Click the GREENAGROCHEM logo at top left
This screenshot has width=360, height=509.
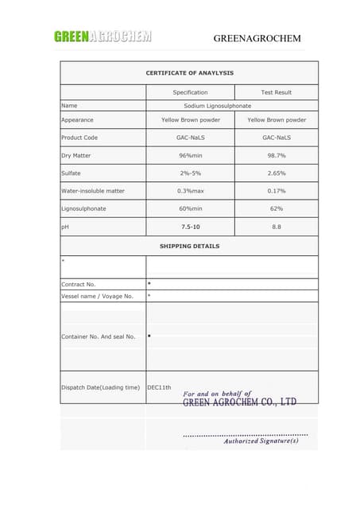103,36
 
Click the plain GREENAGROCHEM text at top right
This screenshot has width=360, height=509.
258,38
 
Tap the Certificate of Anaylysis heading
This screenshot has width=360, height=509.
189,73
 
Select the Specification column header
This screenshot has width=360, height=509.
190,92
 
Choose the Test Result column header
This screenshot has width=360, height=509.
276,92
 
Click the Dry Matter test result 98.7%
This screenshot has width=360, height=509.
276,155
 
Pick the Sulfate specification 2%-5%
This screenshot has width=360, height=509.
190,173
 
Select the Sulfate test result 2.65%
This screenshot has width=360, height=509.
276,173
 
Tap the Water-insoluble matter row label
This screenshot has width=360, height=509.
93,191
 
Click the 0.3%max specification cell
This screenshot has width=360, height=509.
190,191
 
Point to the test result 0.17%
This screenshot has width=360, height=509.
276,191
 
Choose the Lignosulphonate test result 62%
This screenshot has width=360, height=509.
276,208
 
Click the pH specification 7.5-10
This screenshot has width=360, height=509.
190,227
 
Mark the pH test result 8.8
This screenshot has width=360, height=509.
276,227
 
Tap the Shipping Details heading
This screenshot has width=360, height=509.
189,246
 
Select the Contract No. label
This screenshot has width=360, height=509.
78,284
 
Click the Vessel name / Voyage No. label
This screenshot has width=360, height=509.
97,296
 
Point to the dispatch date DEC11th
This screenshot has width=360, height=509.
159,387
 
